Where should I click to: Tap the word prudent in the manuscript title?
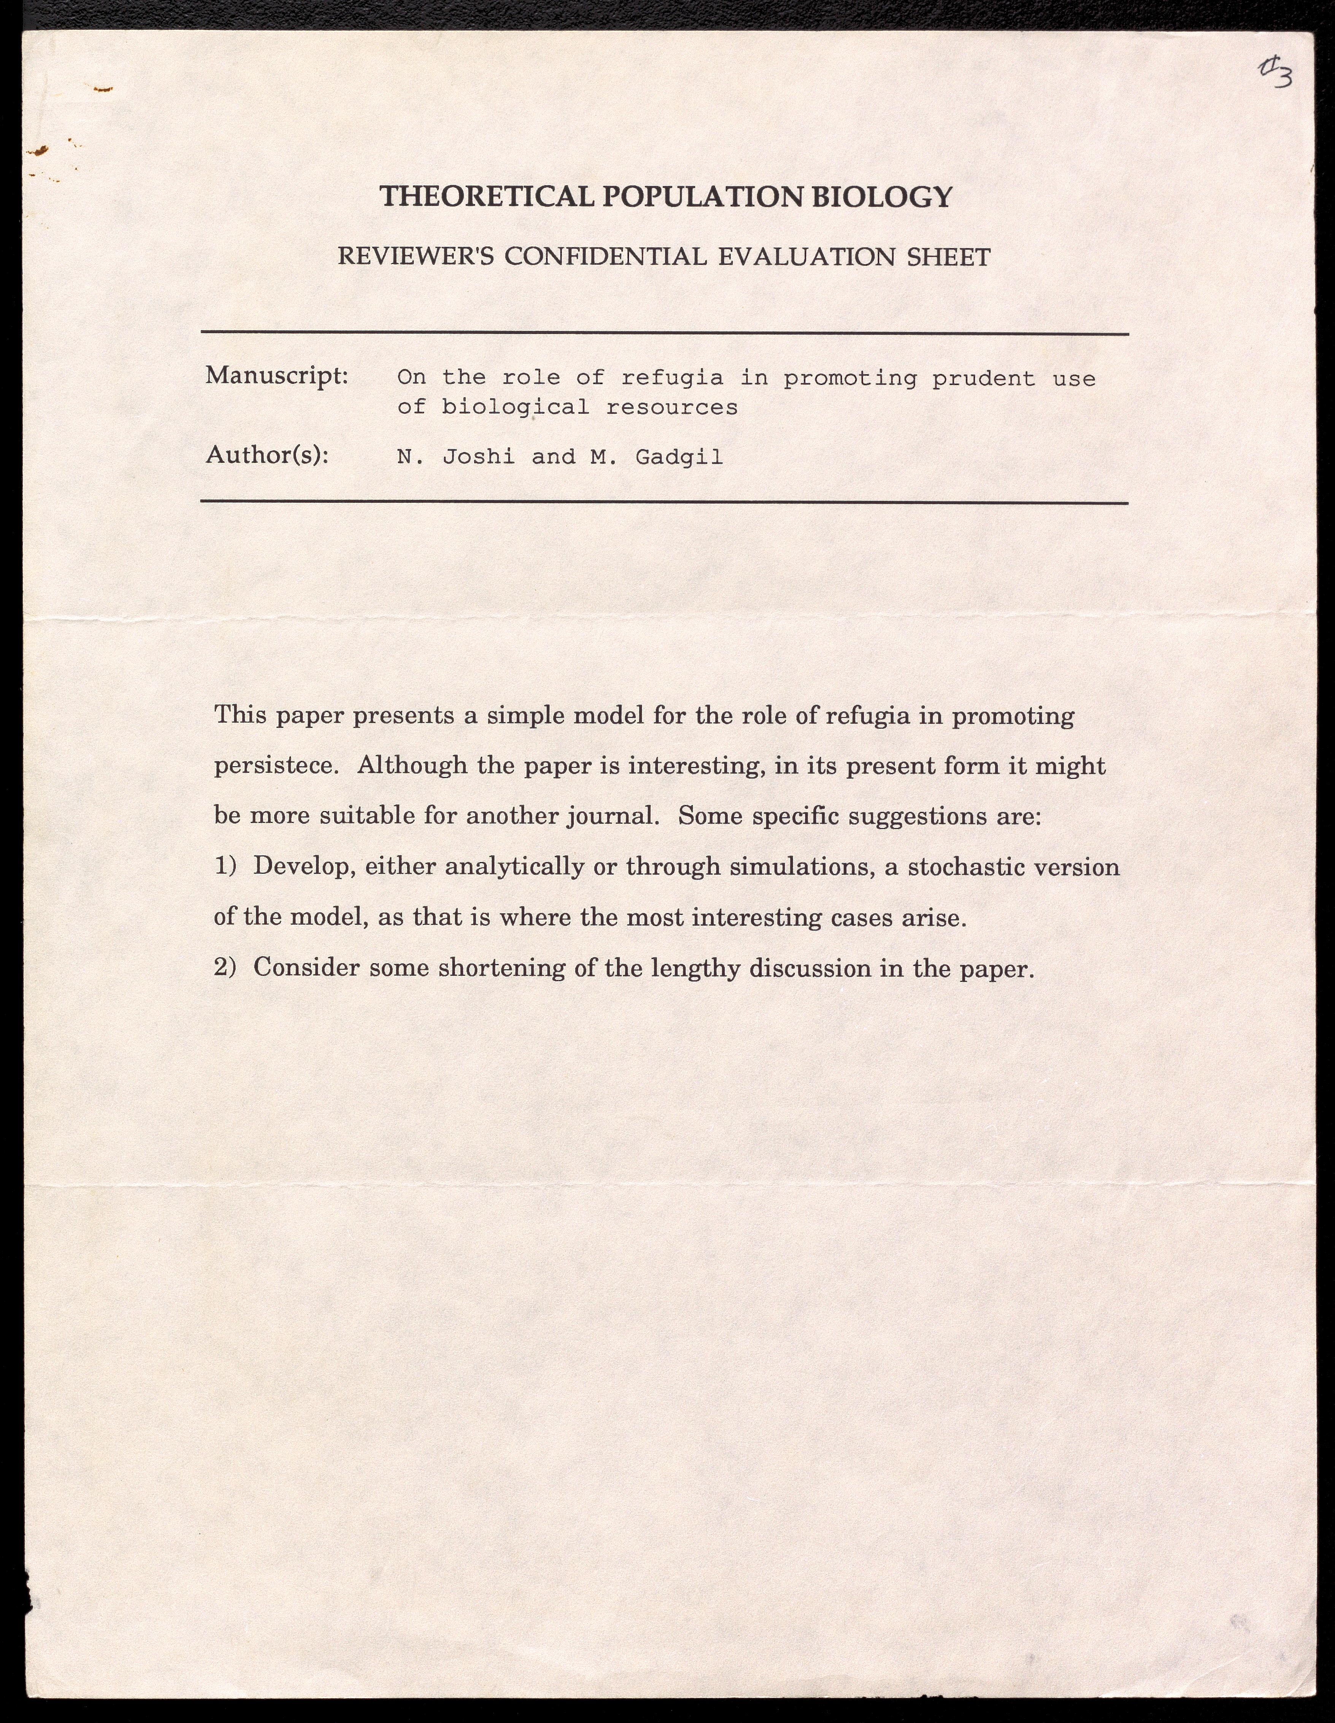coord(983,379)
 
